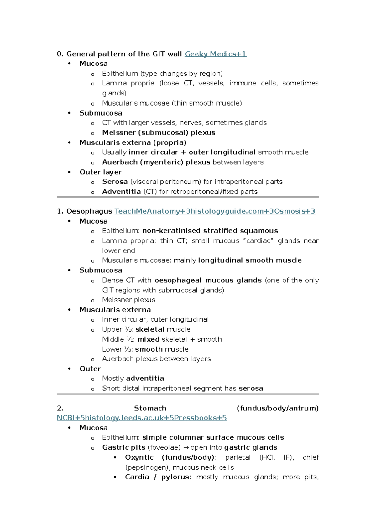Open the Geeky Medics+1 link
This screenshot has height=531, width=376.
pyautogui.click(x=216, y=54)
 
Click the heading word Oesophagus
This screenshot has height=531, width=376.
pyautogui.click(x=89, y=211)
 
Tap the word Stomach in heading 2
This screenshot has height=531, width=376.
pyautogui.click(x=150, y=408)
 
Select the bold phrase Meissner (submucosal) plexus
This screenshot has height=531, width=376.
pyautogui.click(x=159, y=133)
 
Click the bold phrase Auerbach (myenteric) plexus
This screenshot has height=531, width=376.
pyautogui.click(x=156, y=162)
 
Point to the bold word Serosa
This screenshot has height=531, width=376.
pyautogui.click(x=115, y=182)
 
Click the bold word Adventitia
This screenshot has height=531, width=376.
pyautogui.click(x=121, y=192)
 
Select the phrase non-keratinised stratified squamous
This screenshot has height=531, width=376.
pyautogui.click(x=210, y=231)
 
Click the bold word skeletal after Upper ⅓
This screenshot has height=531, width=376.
pyautogui.click(x=150, y=329)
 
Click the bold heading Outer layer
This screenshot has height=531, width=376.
pyautogui.click(x=101, y=172)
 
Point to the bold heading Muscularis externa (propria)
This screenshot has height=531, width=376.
pyautogui.click(x=133, y=143)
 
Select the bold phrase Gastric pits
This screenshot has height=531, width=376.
pyautogui.click(x=124, y=447)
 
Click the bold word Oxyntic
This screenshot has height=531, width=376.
pyautogui.click(x=139, y=457)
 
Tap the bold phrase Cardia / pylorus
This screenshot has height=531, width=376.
pyautogui.click(x=157, y=477)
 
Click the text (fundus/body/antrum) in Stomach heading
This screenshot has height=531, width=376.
pyautogui.click(x=278, y=408)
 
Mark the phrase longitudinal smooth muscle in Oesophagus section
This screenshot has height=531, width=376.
pyautogui.click(x=250, y=260)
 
